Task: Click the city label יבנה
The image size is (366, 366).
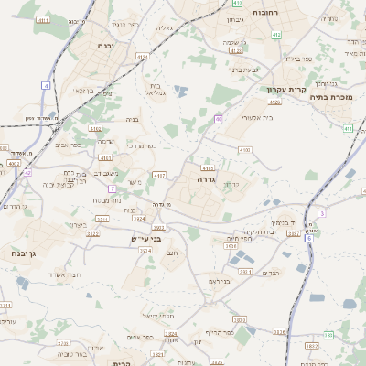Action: pyautogui.click(x=103, y=44)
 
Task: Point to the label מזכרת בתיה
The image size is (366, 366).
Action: pyautogui.click(x=331, y=95)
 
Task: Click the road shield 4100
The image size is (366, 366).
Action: pyautogui.click(x=244, y=149)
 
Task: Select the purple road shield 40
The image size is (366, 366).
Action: pyautogui.click(x=219, y=119)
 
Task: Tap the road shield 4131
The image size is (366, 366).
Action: pyautogui.click(x=142, y=57)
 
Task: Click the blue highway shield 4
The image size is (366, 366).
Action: pyautogui.click(x=46, y=85)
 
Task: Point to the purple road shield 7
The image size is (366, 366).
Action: pyautogui.click(x=112, y=188)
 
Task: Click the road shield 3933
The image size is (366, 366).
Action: pyautogui.click(x=158, y=228)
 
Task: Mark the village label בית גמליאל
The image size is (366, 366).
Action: pyautogui.click(x=159, y=89)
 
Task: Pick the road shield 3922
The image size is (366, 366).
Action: pyautogui.click(x=93, y=233)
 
